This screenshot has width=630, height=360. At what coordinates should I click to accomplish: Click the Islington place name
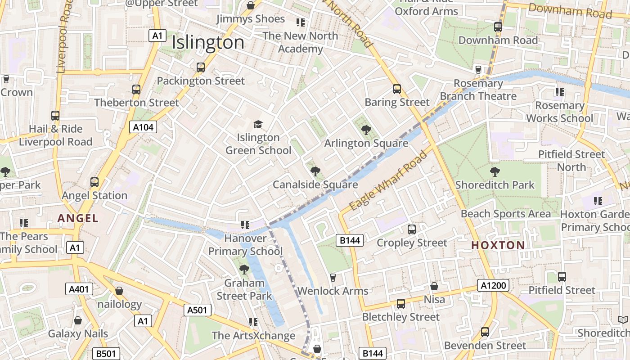coord(208,42)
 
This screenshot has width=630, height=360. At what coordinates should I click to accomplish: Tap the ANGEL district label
coord(78,218)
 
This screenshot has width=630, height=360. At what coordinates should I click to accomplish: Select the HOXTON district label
coord(498,245)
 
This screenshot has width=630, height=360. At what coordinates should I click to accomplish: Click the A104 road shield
coord(144,127)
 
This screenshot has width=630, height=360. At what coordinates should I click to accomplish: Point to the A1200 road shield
coord(494,285)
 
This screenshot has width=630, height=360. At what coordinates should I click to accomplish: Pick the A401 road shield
coord(79,289)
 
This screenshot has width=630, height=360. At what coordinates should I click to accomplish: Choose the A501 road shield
coord(198,310)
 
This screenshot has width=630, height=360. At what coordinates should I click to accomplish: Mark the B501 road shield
coord(106,354)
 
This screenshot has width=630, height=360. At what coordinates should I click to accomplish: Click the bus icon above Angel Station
coord(94,182)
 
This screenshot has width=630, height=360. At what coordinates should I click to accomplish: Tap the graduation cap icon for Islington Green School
coord(258,124)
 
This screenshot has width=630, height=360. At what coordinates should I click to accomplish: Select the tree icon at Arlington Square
coord(366,130)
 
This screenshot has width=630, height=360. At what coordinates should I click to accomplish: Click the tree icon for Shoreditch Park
coord(495,171)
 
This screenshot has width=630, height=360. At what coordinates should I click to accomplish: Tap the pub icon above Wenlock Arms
coord(333,278)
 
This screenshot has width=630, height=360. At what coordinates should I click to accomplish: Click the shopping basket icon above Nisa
coord(434,286)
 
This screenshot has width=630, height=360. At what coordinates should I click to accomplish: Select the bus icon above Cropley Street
coord(412,229)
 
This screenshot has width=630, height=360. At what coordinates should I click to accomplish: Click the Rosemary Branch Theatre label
coord(478,90)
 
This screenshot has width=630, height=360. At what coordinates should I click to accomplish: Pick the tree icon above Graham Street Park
coord(244,270)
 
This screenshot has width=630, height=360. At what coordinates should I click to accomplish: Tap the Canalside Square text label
coord(315,184)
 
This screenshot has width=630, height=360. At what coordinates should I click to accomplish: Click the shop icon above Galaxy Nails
coord(78,320)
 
